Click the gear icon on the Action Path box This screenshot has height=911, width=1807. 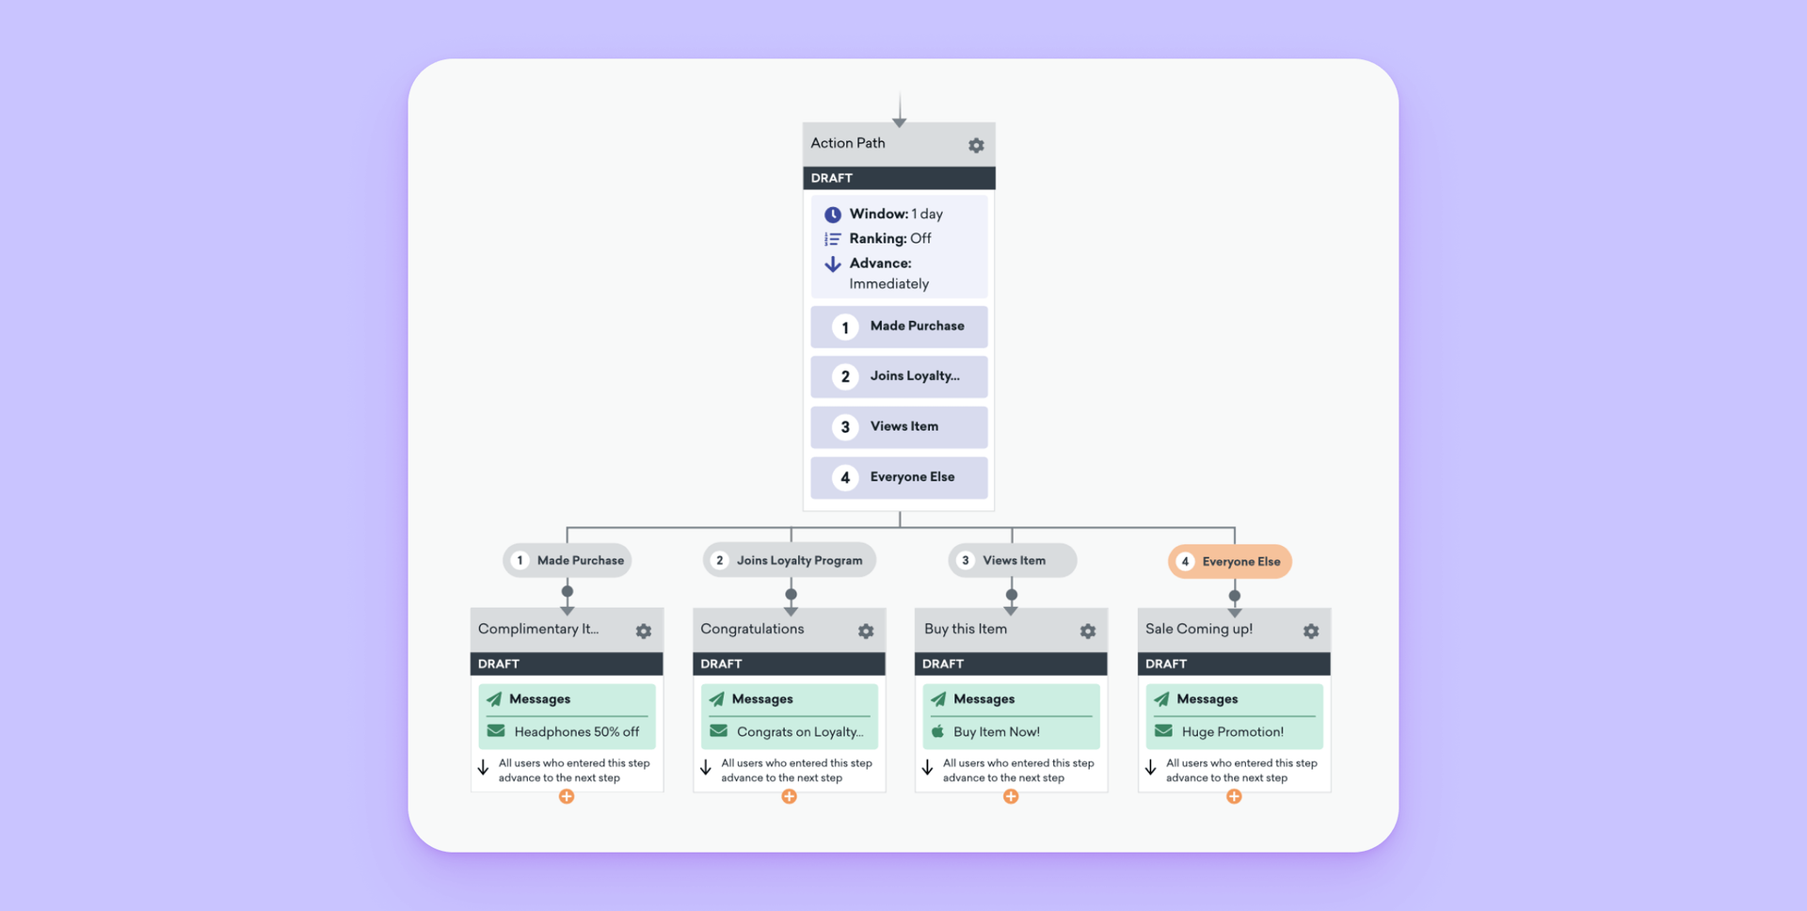pyautogui.click(x=976, y=146)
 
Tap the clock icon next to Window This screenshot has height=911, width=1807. pyautogui.click(x=833, y=215)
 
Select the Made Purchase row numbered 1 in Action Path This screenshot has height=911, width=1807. pyautogui.click(x=899, y=327)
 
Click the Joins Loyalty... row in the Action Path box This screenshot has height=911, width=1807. pyautogui.click(x=899, y=376)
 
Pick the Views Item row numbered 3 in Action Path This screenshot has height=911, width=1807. pyautogui.click(x=899, y=427)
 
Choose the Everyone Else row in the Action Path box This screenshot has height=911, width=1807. pyautogui.click(x=899, y=477)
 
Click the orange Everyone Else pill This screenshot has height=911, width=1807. pyautogui.click(x=1230, y=562)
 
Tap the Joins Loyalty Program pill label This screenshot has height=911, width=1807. pyautogui.click(x=798, y=561)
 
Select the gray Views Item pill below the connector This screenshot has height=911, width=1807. pyautogui.click(x=1013, y=561)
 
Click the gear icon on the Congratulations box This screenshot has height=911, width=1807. pyautogui.click(x=866, y=631)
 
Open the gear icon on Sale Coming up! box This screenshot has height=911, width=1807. pyautogui.click(x=1311, y=631)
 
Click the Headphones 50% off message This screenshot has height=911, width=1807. pyautogui.click(x=576, y=732)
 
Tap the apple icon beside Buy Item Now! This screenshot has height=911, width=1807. pyautogui.click(x=937, y=731)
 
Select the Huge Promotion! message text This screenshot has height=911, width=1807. pyautogui.click(x=1232, y=732)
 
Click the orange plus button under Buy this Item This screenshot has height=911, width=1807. pyautogui.click(x=1011, y=797)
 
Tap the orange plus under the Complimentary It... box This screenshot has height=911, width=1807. pyautogui.click(x=567, y=797)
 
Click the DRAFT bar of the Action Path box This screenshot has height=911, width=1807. pyautogui.click(x=899, y=178)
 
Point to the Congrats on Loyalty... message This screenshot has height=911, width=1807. pyautogui.click(x=799, y=732)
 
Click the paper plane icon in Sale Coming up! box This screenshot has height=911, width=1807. pyautogui.click(x=1161, y=699)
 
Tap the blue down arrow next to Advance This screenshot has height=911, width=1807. pyautogui.click(x=833, y=264)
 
